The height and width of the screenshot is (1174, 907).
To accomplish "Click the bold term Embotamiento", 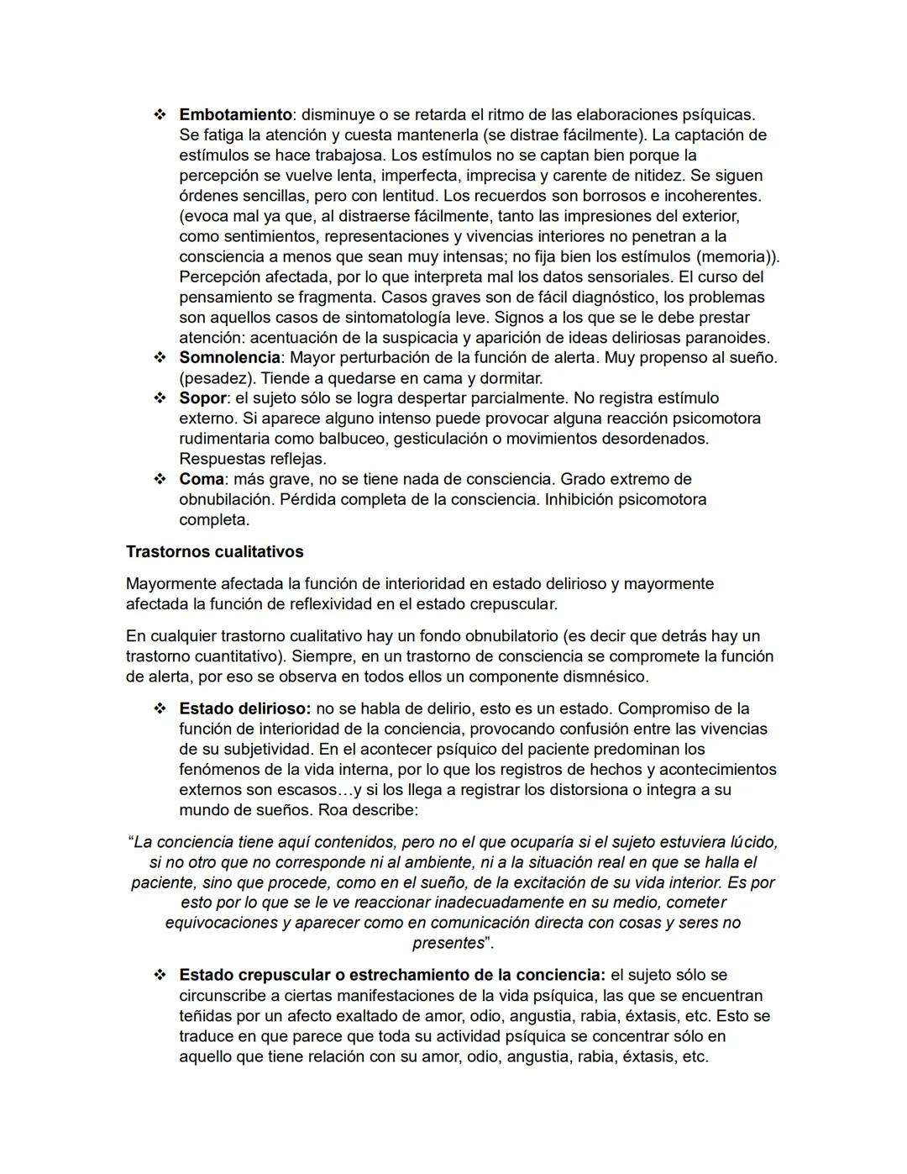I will pos(235,114).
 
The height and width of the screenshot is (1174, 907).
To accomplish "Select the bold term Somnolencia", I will pos(229,358).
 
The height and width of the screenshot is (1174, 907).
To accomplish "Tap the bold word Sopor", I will pos(202,398).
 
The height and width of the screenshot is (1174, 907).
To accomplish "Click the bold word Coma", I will pos(202,479).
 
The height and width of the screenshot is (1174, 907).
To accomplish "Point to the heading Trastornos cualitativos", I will pos(214,552).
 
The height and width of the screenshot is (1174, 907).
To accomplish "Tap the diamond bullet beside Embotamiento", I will pos(160,114).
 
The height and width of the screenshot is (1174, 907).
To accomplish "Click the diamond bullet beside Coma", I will pos(160,479).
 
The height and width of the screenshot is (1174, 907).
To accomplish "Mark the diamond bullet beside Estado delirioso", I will pos(160,709).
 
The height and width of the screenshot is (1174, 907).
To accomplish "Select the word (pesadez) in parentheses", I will pos(217,378).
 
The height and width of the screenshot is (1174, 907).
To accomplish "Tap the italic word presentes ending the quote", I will pos(448,943).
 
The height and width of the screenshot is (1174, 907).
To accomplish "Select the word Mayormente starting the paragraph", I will pos(171,584).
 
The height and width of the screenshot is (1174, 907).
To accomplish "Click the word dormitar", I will pos(511,378).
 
